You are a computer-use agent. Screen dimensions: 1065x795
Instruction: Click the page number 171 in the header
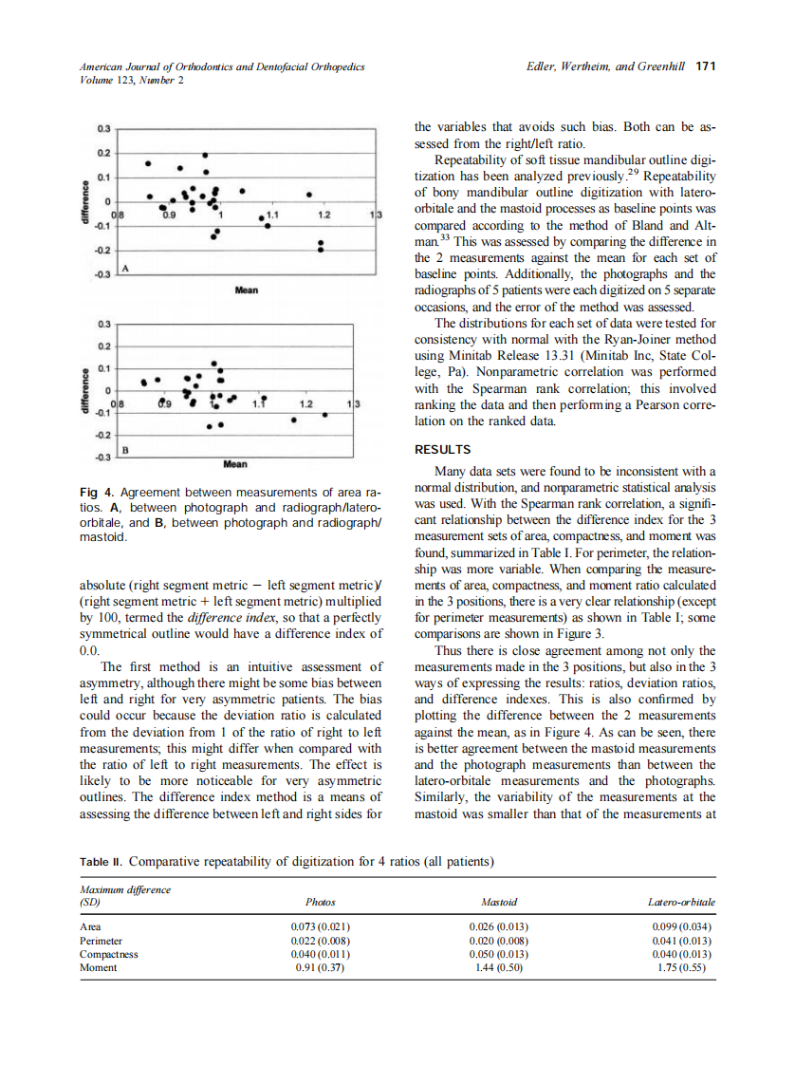[705, 66]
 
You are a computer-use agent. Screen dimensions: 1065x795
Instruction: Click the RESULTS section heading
[443, 450]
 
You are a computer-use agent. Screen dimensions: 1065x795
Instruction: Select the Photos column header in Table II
[321, 902]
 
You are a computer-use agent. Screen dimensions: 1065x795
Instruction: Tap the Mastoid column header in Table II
[499, 902]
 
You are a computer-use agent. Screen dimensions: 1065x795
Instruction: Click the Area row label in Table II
[91, 926]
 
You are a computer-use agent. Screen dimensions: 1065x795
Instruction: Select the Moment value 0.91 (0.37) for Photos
[321, 967]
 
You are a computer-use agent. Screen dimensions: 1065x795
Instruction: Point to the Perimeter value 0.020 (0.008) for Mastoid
[499, 940]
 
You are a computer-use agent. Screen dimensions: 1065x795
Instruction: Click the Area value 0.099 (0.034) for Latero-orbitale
[683, 926]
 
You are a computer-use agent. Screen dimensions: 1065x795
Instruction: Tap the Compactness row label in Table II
[109, 954]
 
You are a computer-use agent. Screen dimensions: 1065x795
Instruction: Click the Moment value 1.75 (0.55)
[683, 967]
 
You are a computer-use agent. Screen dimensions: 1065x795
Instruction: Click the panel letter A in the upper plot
[123, 271]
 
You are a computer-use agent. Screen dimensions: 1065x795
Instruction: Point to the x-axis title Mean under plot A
[247, 289]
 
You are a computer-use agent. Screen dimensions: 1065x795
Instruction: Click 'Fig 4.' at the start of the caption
[95, 492]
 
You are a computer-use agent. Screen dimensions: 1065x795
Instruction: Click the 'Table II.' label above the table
[102, 862]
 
